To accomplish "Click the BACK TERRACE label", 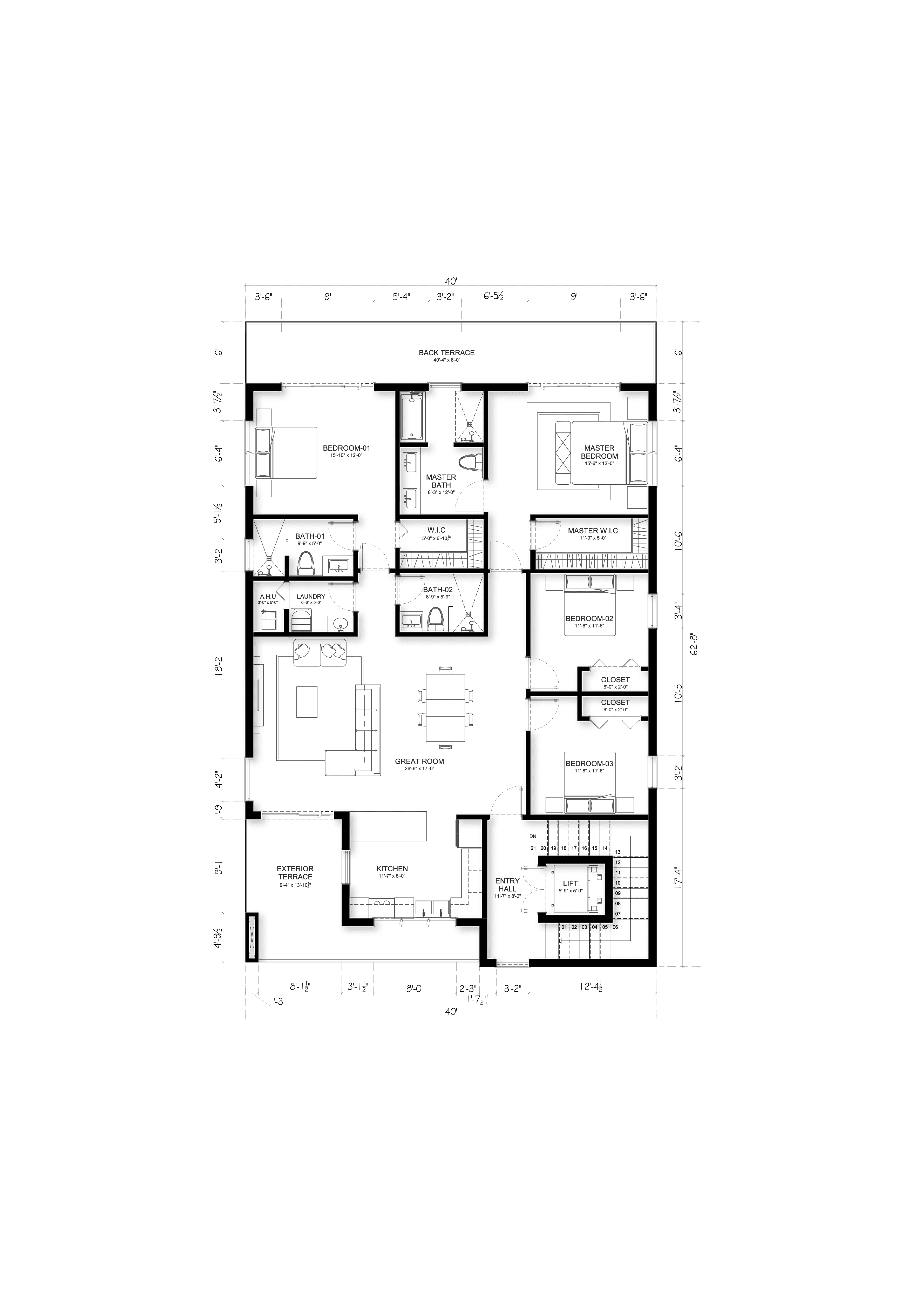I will pyautogui.click(x=446, y=352).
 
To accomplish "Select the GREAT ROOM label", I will pyautogui.click(x=419, y=761).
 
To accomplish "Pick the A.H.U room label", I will pyautogui.click(x=267, y=597).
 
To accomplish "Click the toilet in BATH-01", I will pyautogui.click(x=305, y=563).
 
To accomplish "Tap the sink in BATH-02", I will pyautogui.click(x=411, y=620).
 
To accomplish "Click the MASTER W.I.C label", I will pyautogui.click(x=593, y=531).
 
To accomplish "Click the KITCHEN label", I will pyautogui.click(x=392, y=869).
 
